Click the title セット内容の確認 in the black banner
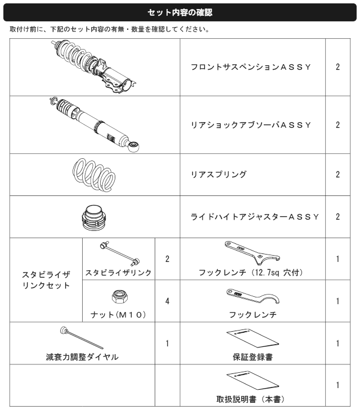pyautogui.click(x=180, y=12)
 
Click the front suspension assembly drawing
pyautogui.click(x=94, y=66)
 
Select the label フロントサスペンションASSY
pyautogui.click(x=251, y=67)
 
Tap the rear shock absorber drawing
pyautogui.click(x=94, y=124)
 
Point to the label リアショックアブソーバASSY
pyautogui.click(x=251, y=125)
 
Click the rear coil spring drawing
pyautogui.click(x=94, y=175)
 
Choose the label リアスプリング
pyautogui.click(x=219, y=175)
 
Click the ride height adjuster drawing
pyautogui.click(x=94, y=218)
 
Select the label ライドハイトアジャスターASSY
pyautogui.click(x=255, y=217)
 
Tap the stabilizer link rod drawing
pyautogui.click(x=120, y=253)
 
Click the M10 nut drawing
pyautogui.click(x=119, y=296)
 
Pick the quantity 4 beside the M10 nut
pyautogui.click(x=167, y=301)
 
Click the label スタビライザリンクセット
pyautogui.click(x=46, y=280)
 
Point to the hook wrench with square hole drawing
pyautogui.click(x=252, y=251)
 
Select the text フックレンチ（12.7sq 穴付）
pyautogui.click(x=251, y=273)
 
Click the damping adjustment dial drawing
pyautogui.click(x=82, y=337)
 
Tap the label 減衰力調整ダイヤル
pyautogui.click(x=82, y=357)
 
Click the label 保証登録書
pyautogui.click(x=253, y=357)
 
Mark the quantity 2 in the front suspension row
pyautogui.click(x=338, y=67)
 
